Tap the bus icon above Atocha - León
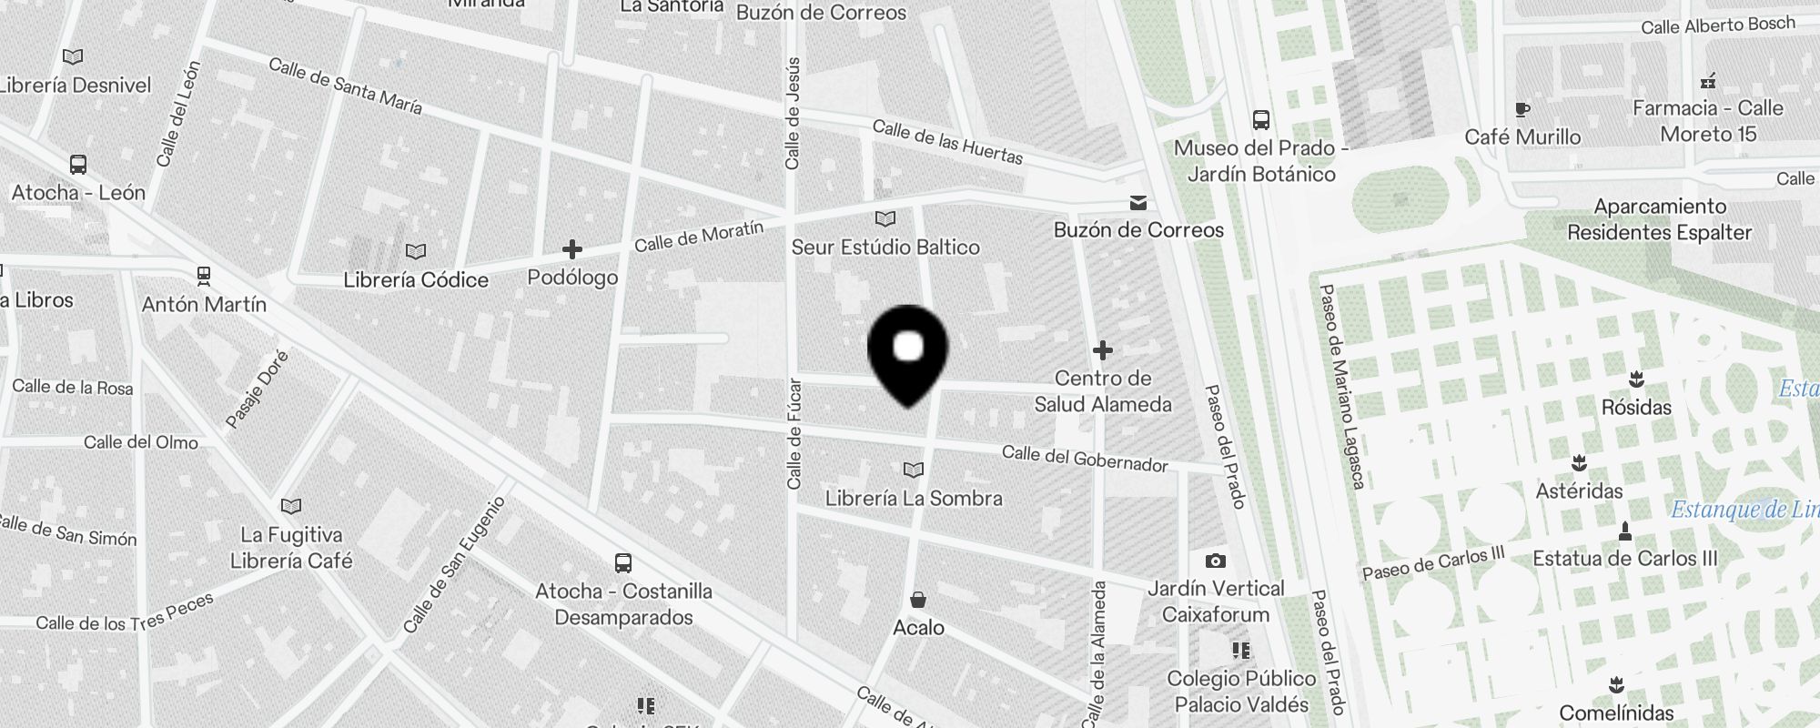[78, 165]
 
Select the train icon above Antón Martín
[204, 275]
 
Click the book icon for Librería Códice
[416, 251]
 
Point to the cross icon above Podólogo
[572, 249]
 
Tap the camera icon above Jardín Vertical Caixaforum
[1215, 561]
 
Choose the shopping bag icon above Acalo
[918, 600]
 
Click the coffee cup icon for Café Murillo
[1522, 110]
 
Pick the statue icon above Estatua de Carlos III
[1625, 531]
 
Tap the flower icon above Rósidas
[1636, 379]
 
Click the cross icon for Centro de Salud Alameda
[1103, 349]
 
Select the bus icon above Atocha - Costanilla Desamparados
[623, 563]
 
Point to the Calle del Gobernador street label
[1085, 459]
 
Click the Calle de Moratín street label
[699, 237]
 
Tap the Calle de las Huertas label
[947, 142]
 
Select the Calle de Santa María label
[346, 86]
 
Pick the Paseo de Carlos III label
[1433, 563]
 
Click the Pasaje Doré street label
[257, 389]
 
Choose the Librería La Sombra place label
[914, 499]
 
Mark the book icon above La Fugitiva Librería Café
[291, 506]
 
